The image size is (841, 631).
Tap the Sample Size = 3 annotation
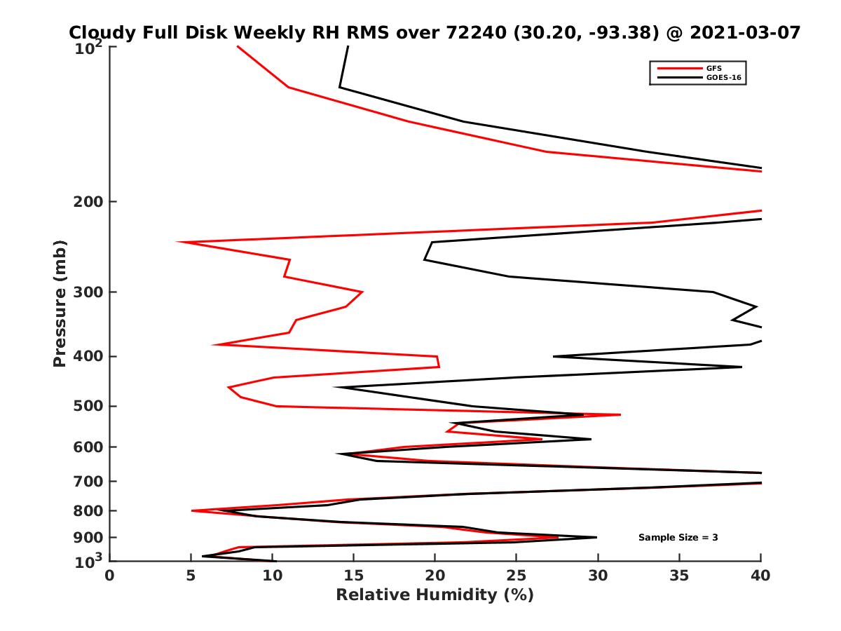coord(678,538)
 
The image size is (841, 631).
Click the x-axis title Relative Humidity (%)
coord(435,595)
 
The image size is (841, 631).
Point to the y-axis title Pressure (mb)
coord(60,303)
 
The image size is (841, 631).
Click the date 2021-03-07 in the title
coord(744,32)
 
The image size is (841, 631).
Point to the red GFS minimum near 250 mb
coord(178,243)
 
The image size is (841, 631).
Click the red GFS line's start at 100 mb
coord(238,46)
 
